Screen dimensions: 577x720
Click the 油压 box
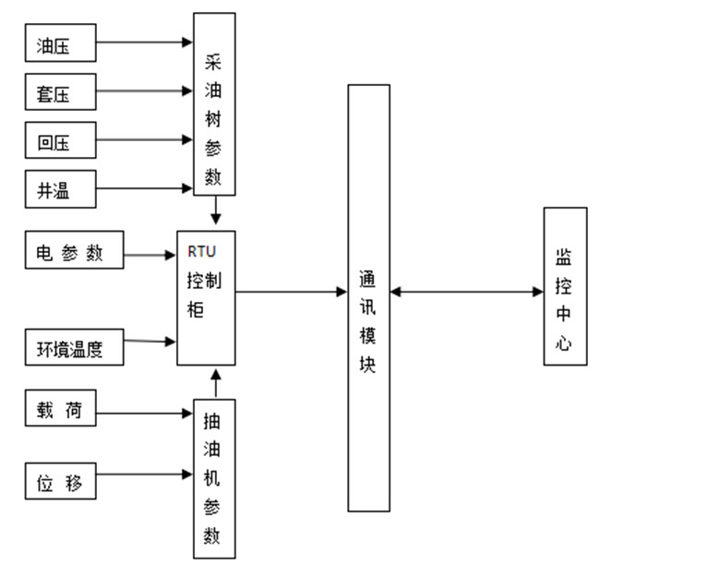60,43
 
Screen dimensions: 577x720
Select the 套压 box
60,92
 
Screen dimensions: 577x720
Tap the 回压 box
60,141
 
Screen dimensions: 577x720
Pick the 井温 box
60,190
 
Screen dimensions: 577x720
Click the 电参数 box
74,252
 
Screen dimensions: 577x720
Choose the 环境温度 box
74,348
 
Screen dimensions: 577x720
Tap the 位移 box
60,480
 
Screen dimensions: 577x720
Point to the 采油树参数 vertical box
214,103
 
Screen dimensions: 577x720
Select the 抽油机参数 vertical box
214,478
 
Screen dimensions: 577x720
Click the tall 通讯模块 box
368,297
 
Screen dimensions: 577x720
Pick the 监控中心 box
565,286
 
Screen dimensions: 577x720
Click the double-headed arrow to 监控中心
466,293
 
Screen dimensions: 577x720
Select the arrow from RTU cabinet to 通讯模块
291,293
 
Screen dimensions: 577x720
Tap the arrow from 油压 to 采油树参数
144,42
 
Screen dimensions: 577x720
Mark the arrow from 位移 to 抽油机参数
144,475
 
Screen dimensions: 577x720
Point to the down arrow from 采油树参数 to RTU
216,211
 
